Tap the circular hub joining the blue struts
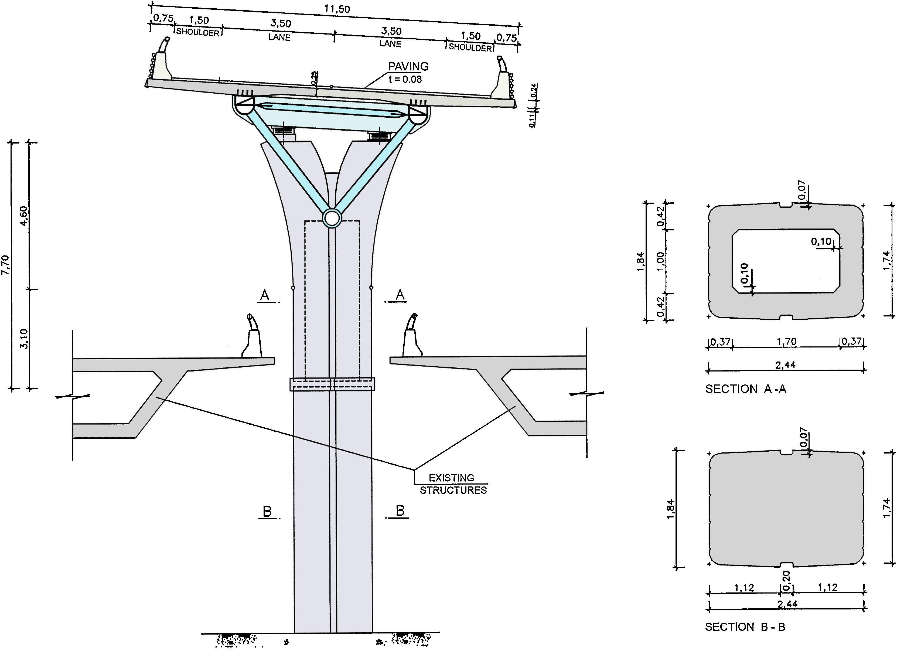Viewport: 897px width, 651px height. pos(332,217)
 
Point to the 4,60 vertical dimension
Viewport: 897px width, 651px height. pos(24,216)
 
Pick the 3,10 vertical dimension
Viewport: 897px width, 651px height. pos(24,339)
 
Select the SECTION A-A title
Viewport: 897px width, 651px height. pos(746,389)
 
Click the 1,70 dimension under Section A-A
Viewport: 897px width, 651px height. pos(786,341)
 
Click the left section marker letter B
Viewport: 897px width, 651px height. pos(267,512)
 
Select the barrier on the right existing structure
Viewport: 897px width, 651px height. pos(411,336)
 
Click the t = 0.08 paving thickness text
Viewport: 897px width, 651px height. pos(405,79)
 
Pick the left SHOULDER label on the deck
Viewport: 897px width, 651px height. pos(198,32)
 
